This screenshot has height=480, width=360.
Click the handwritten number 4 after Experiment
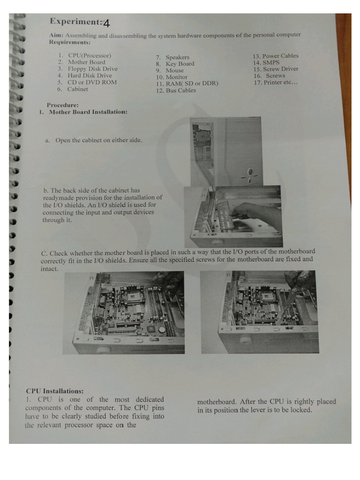106,23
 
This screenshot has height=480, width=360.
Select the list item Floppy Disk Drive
92,68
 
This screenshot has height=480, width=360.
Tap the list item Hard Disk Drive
90,75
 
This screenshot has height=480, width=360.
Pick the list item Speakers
177,57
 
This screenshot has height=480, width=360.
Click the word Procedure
63,105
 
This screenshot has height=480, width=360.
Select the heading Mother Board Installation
88,112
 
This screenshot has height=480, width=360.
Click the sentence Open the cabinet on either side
98,140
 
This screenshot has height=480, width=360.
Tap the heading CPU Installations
55,390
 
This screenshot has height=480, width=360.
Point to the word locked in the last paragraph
301,410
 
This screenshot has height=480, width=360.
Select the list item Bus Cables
180,90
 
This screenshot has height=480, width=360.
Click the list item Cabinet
77,89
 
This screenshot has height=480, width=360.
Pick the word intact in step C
50,269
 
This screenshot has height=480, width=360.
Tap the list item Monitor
176,77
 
